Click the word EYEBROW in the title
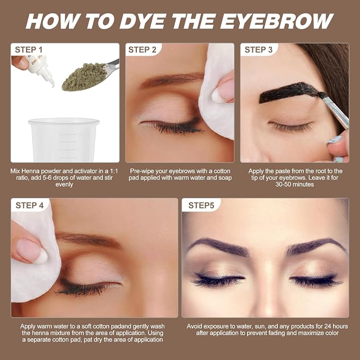coord(277,21)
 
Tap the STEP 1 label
coord(29,50)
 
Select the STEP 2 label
coord(142,50)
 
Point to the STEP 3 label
coord(258,50)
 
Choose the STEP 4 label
coord(30,206)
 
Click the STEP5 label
coord(201,206)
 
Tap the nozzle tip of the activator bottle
coord(52,84)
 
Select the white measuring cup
coord(64,140)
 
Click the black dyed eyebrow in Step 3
coord(289,92)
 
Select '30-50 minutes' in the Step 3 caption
coord(295,185)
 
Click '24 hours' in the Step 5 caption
coord(336,326)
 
